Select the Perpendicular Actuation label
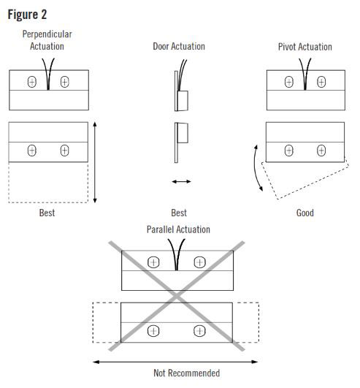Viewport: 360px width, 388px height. point(47,40)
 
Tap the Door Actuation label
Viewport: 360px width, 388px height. point(179,46)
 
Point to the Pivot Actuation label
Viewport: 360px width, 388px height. point(305,47)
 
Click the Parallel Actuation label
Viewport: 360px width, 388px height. point(178,229)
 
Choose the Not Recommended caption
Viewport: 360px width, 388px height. point(186,373)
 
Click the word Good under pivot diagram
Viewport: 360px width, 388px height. point(305,213)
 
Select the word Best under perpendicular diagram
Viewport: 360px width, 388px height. point(47,213)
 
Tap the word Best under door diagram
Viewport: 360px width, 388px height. point(179,213)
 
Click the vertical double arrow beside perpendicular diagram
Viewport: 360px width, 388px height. point(96,162)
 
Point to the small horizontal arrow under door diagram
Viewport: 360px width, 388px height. point(181,180)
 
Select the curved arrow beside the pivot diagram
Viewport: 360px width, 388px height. point(256,168)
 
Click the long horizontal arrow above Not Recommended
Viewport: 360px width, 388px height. point(178,360)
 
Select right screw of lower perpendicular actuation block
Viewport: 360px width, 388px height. point(64,151)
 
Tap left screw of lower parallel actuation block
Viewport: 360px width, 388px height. point(153,331)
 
